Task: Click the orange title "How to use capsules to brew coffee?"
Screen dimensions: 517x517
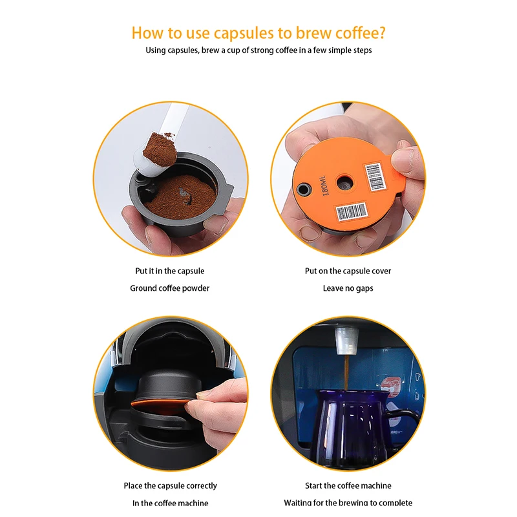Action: coord(258,32)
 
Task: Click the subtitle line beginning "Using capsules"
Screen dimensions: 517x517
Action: coord(258,50)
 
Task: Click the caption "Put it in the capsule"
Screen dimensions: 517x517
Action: coord(170,271)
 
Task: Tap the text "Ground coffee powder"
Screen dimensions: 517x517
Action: coord(170,288)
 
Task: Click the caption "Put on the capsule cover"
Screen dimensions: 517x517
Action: coord(348,271)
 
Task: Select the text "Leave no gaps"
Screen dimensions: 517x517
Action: coord(348,288)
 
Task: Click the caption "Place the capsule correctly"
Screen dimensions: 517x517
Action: coord(170,485)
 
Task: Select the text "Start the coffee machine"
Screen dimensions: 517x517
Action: coord(348,485)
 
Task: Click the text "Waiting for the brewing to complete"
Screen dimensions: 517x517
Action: coord(348,503)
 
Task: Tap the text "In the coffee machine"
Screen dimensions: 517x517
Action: coord(170,503)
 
